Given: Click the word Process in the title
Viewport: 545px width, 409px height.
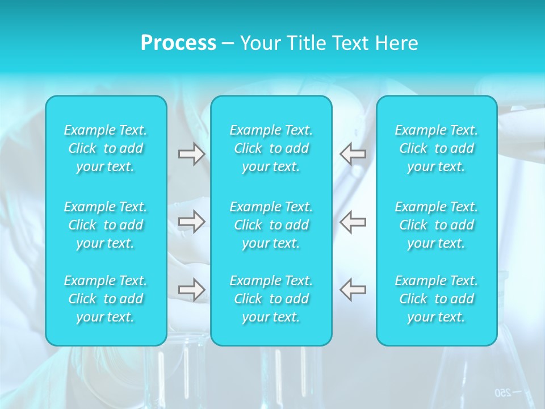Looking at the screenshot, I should (178, 43).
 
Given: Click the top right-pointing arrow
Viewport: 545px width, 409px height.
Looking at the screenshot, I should (192, 154).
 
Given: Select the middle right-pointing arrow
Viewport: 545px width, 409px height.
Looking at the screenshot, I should (192, 222).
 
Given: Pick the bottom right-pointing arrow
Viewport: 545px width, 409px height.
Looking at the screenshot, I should (192, 290).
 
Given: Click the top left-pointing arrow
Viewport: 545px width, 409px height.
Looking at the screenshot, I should (353, 154).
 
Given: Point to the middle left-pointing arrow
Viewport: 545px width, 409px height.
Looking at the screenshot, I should (353, 222).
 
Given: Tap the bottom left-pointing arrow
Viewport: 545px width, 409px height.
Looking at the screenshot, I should (353, 290).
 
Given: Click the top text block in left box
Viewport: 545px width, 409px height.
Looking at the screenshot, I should (106, 148).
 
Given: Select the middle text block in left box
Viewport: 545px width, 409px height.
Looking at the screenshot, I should (106, 225).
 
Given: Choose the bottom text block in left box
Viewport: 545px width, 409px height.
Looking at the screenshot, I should (106, 299).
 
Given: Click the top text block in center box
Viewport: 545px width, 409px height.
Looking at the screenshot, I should (271, 148).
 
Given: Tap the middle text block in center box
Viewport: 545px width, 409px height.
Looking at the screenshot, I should (271, 225).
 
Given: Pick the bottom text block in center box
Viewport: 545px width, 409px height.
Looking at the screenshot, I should (271, 299).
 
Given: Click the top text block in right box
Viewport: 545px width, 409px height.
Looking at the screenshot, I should (437, 148).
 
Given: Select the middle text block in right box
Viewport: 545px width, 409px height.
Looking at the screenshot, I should (437, 225).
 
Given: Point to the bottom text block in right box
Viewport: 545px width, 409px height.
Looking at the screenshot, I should (437, 299).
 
